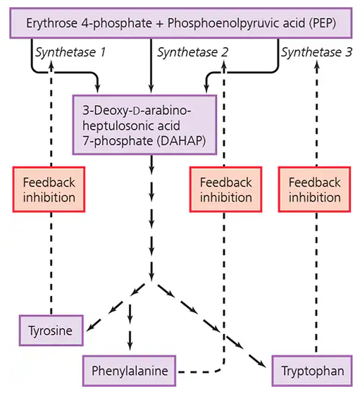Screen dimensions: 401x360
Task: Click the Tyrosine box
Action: [51, 329]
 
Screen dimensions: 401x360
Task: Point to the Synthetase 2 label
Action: [192, 52]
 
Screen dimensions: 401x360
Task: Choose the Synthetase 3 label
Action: [315, 52]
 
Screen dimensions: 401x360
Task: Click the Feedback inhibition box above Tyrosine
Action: [49, 189]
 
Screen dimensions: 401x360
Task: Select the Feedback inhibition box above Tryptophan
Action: [314, 189]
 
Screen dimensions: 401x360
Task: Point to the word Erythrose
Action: [54, 24]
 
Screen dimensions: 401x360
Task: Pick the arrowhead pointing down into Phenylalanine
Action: [130, 346]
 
